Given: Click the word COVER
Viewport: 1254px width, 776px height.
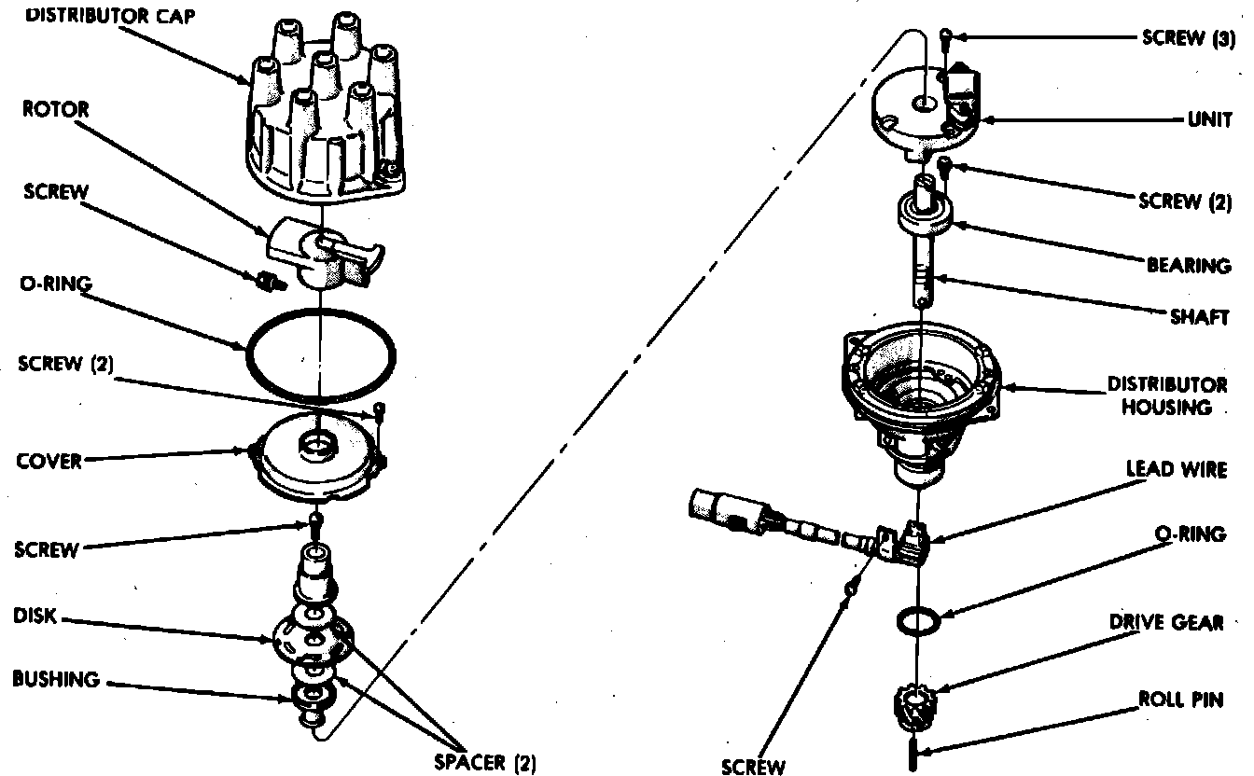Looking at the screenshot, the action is tap(49, 461).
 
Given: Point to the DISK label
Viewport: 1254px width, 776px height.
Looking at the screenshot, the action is tap(35, 617).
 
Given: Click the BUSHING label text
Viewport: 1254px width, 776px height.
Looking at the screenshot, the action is tap(55, 679).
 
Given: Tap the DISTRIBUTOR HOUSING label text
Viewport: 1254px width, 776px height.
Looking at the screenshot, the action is tap(1166, 395).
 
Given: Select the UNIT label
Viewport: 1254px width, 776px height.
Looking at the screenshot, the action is tap(1209, 120).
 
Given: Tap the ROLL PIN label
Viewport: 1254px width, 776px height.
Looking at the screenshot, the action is tap(1180, 700).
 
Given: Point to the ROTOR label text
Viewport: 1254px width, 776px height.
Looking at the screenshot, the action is tap(57, 109).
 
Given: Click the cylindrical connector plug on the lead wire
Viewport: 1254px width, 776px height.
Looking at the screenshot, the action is tap(718, 507).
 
